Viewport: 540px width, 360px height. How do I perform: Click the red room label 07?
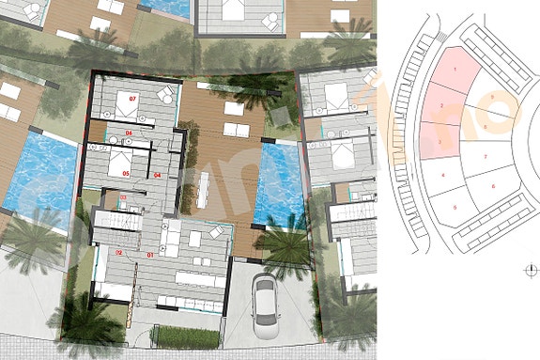tap(133, 98)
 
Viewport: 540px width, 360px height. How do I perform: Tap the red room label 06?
tap(130, 133)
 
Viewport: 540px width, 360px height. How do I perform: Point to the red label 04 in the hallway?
tap(157, 175)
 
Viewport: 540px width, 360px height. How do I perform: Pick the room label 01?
tap(151, 255)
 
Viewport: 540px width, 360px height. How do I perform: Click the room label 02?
tap(119, 254)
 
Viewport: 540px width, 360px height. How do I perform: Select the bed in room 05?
tap(121, 164)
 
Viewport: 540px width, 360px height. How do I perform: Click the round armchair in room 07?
tap(164, 94)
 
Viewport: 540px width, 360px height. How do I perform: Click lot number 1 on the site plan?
tap(455, 70)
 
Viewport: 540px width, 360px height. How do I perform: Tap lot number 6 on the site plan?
tap(493, 187)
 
